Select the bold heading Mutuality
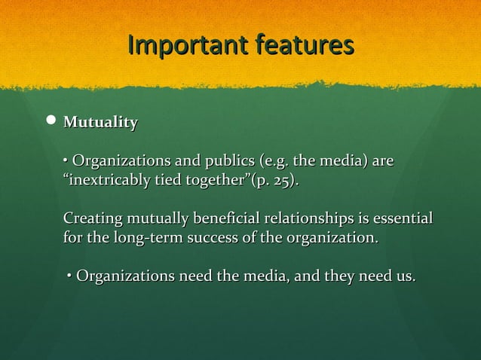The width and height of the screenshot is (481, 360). (100, 122)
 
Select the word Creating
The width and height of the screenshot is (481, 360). (91, 219)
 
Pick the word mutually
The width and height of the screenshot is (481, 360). (155, 219)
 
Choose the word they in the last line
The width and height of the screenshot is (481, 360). (337, 276)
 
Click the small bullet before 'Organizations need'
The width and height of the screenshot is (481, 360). (69, 277)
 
